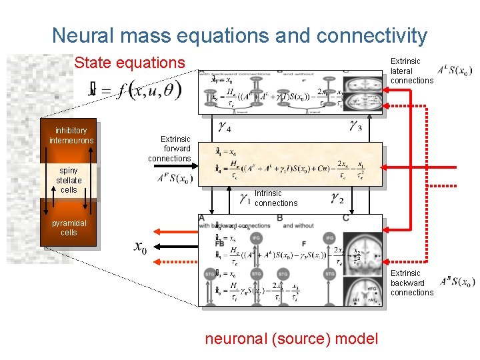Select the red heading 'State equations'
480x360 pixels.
(129, 63)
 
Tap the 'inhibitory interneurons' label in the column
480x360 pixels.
(71, 136)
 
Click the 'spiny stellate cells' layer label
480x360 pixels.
(69, 180)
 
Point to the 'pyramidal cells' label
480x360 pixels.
(69, 228)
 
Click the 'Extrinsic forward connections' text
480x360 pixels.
(169, 149)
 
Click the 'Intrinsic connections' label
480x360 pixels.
(275, 198)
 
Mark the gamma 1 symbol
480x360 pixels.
(245, 198)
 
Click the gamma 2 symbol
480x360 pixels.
(337, 198)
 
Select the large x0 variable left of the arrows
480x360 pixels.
(140, 247)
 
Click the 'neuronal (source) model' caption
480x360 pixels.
(291, 339)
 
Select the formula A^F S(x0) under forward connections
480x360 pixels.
(175, 179)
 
